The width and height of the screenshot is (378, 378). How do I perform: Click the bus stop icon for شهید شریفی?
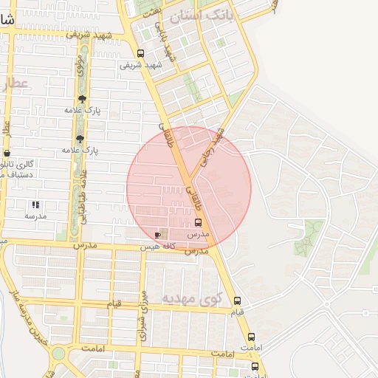[140, 53]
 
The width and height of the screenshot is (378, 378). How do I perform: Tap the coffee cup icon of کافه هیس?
[157, 234]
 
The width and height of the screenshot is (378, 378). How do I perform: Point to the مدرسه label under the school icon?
[35, 216]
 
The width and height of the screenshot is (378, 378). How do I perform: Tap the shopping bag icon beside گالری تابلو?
[7, 153]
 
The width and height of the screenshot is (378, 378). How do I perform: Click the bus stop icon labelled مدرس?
[198, 221]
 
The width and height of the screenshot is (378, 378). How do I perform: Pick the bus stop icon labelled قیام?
[237, 300]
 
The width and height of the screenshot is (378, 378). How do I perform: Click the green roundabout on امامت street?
[58, 353]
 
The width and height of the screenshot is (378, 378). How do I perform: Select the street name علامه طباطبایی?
[83, 196]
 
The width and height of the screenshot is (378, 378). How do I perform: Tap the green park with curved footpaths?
[309, 236]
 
